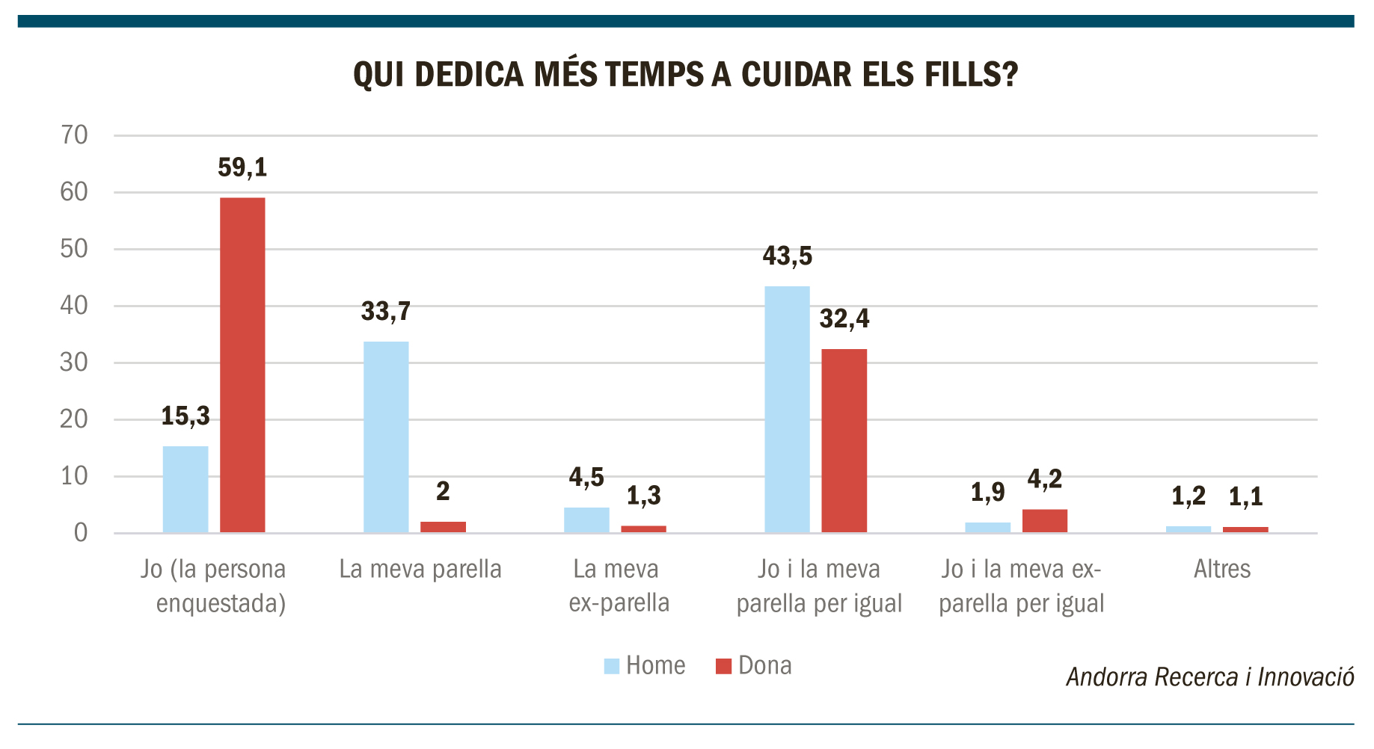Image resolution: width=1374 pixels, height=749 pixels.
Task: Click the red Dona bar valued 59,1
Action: pos(242,365)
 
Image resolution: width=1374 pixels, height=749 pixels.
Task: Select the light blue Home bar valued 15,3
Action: pos(185,490)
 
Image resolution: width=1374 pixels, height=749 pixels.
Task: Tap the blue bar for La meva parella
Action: pos(386,437)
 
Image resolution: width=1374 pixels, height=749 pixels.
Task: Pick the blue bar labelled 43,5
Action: pos(787,410)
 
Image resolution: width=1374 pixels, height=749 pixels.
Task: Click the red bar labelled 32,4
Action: pos(844,441)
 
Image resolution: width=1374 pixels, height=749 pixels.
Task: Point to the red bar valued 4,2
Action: pos(1045,521)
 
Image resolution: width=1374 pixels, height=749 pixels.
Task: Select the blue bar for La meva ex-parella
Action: pos(586,520)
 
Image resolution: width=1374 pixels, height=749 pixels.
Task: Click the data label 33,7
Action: pos(386,311)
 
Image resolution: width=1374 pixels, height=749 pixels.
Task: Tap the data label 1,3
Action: pos(644,495)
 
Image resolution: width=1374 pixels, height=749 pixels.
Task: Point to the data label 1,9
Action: pos(987,492)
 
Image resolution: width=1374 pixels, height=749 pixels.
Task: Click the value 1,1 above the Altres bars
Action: pos(1245,496)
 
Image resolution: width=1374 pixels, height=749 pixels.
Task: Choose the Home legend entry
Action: pos(645,665)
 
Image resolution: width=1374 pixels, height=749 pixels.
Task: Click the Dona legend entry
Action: pos(753,665)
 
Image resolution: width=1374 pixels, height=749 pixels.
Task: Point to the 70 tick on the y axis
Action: pos(75,135)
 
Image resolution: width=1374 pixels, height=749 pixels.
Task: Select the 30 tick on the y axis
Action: pos(75,363)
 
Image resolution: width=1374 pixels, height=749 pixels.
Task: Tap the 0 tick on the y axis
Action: pos(81,533)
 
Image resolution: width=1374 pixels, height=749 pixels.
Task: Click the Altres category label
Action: pos(1222,569)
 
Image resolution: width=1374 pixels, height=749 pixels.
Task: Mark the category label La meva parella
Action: pos(420,569)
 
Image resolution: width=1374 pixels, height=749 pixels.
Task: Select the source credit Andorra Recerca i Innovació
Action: pos(1210,677)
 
